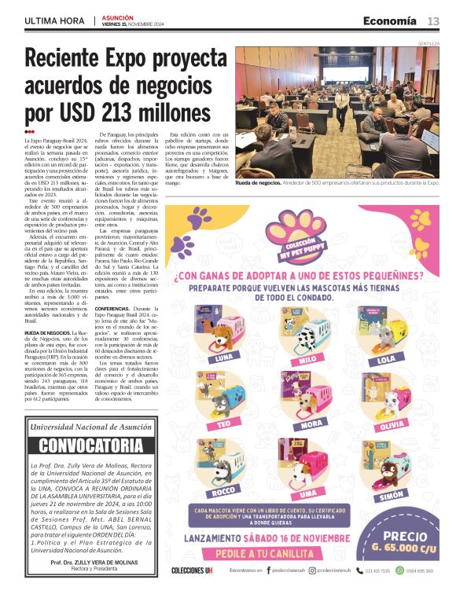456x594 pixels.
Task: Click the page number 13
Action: tap(433, 20)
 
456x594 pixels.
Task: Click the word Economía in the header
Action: tap(389, 20)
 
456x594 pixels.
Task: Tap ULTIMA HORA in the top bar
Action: tap(55, 20)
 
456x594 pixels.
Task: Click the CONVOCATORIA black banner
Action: tap(85, 445)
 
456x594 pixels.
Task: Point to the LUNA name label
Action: tap(222, 357)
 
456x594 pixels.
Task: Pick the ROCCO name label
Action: tap(222, 490)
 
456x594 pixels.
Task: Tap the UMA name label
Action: tap(308, 493)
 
